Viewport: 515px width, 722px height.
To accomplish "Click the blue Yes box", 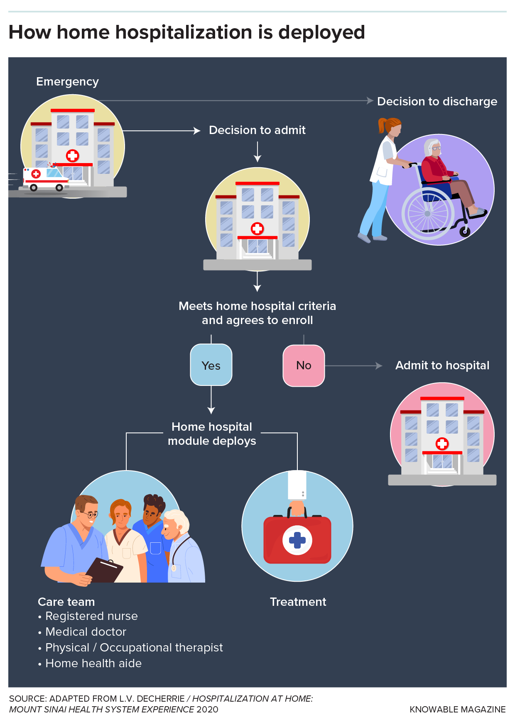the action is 211,365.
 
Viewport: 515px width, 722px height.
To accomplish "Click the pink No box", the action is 304,366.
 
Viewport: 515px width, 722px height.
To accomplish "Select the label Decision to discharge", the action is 437,102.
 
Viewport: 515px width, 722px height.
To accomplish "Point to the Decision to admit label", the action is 257,130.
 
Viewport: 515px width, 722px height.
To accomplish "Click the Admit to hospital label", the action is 442,366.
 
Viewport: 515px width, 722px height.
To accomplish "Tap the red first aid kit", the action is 297,539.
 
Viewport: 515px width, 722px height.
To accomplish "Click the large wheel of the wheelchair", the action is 428,213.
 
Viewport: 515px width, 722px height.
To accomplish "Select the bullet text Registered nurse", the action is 91,616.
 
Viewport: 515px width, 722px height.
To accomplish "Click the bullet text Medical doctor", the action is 86,632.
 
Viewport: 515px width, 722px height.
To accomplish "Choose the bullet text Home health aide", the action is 93,663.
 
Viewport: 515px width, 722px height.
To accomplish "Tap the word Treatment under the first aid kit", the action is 298,602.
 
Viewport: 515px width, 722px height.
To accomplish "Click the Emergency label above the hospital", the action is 67,82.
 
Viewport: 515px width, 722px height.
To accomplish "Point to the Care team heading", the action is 66,602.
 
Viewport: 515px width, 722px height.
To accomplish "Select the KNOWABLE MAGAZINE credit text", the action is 458,710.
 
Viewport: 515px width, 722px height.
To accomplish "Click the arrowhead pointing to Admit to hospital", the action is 379,366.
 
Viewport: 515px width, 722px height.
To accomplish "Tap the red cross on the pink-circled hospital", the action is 442,444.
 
